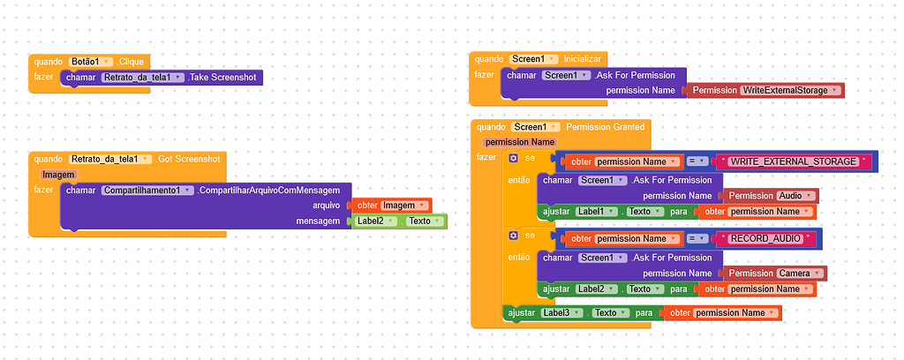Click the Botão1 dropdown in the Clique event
pyautogui.click(x=92, y=62)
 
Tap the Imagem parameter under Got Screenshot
pyautogui.click(x=58, y=175)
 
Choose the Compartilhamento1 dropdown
pyautogui.click(x=147, y=191)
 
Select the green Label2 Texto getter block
pyautogui.click(x=400, y=221)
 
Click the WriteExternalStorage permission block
pyautogui.click(x=765, y=90)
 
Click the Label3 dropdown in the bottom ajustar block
pyautogui.click(x=561, y=312)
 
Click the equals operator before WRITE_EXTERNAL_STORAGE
pyautogui.click(x=697, y=161)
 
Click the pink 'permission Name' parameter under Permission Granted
pyautogui.click(x=519, y=142)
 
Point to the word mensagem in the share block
pyautogui.click(x=318, y=221)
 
